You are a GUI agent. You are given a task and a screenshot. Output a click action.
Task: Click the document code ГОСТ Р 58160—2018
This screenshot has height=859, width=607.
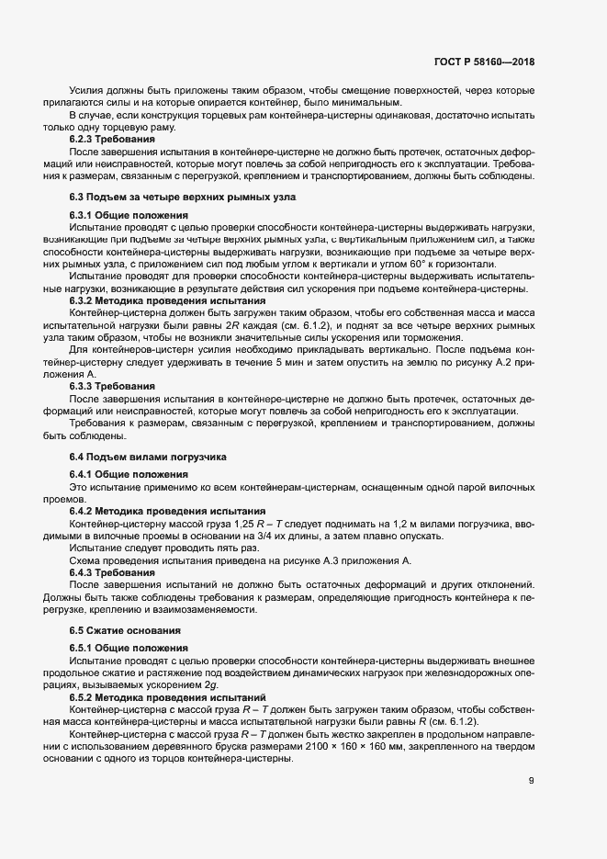click(x=484, y=62)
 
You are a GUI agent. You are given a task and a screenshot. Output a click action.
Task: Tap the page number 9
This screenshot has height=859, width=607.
click(x=531, y=781)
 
